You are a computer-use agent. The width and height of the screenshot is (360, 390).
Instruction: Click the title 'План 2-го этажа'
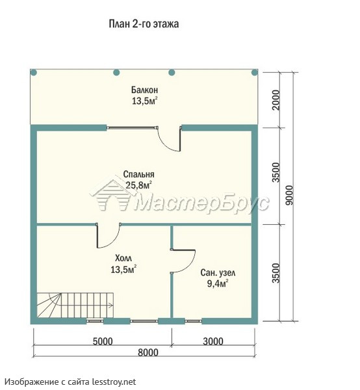point(144,24)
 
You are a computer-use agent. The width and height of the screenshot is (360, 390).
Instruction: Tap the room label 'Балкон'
point(145,89)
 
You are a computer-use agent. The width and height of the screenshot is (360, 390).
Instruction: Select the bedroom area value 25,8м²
point(138,185)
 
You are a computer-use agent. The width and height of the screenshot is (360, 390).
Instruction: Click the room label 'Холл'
point(123,258)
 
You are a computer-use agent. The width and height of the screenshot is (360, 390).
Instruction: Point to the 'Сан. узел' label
point(218,273)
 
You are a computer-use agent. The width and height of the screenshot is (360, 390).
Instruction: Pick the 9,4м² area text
point(218,283)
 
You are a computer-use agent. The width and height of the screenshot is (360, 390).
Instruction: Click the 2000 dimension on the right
point(276,100)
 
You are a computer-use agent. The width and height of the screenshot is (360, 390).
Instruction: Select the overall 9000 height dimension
point(289,195)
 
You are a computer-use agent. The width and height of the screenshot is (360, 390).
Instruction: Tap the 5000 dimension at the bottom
point(103,341)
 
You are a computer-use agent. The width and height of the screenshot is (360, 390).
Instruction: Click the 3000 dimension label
point(213,341)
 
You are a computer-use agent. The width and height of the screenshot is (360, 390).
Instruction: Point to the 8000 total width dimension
point(148,352)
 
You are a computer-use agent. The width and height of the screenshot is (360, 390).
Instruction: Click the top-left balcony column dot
point(34,73)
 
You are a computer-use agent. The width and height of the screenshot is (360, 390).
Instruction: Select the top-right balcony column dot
point(254,73)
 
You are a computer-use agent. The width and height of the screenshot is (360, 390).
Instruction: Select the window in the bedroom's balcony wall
point(133,128)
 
